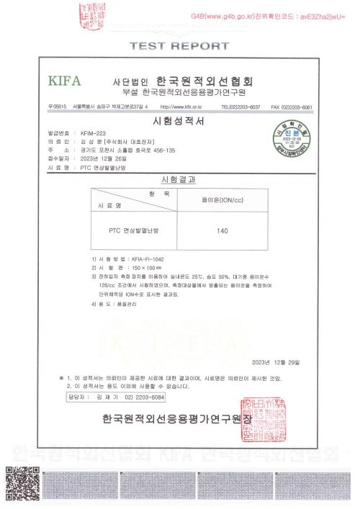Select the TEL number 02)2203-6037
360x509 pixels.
(x=245, y=107)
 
